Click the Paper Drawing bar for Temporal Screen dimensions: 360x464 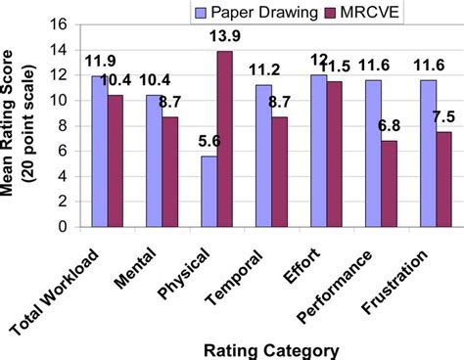coord(262,155)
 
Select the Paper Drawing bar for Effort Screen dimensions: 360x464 coord(318,150)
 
